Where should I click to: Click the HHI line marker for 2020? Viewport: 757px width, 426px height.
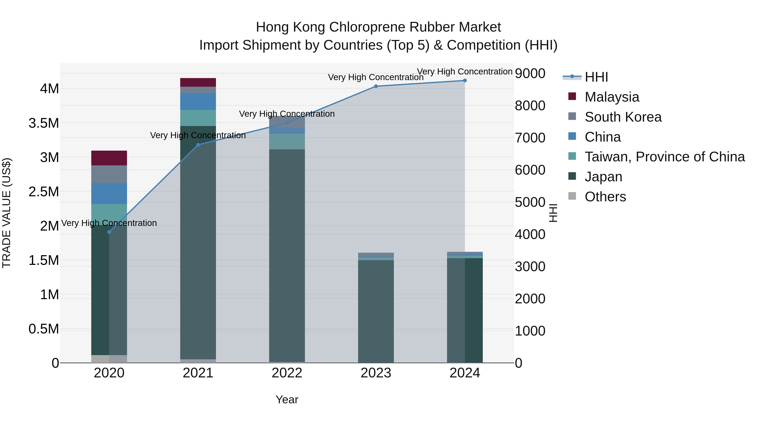(109, 232)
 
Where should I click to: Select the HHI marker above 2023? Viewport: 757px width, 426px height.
(376, 86)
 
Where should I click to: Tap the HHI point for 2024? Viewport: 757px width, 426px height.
(465, 81)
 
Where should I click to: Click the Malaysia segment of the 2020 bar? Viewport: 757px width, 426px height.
(109, 158)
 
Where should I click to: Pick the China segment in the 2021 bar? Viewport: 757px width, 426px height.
(198, 101)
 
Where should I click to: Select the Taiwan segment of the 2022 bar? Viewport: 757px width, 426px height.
(287, 141)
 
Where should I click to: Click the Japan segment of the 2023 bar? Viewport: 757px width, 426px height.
(376, 312)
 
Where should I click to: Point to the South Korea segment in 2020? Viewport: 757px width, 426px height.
(109, 174)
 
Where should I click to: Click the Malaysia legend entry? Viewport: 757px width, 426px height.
(611, 97)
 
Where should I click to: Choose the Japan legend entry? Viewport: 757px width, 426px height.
(603, 177)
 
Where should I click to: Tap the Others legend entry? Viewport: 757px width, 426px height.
(605, 197)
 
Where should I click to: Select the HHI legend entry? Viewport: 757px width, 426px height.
(596, 77)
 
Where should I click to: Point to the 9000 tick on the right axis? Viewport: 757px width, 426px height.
(530, 73)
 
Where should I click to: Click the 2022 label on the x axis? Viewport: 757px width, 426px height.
(287, 373)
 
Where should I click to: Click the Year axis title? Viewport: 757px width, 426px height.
(287, 399)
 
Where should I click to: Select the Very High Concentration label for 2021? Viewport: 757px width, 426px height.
(198, 135)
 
